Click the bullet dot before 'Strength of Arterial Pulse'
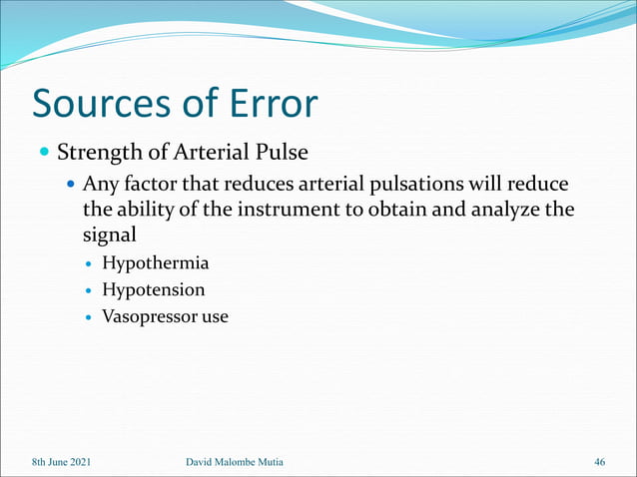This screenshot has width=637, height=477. (x=44, y=155)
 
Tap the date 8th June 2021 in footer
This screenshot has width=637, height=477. (x=62, y=462)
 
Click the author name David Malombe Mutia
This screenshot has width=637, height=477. (x=242, y=462)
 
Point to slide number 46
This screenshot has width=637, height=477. (x=599, y=462)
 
